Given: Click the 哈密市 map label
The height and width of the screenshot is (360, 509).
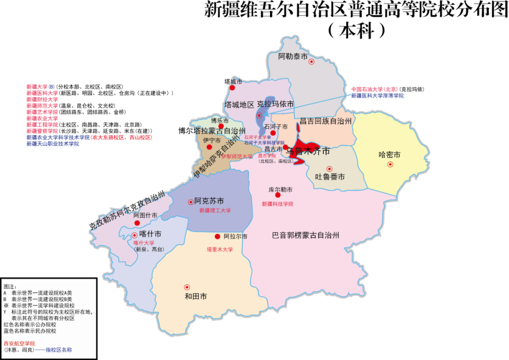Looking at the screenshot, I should (x=390, y=155).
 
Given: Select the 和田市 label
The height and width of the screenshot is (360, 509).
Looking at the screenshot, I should (x=196, y=296).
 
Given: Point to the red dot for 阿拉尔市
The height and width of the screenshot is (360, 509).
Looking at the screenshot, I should (x=218, y=237).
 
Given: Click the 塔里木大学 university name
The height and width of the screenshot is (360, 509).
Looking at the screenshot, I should (x=220, y=249).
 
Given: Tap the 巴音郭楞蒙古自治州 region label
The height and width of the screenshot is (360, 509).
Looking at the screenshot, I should (x=306, y=235).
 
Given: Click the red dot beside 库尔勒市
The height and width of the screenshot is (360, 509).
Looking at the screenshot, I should (x=278, y=195).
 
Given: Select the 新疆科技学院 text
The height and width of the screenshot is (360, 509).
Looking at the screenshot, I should (x=278, y=204).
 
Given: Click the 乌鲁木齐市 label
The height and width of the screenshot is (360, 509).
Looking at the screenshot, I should (x=308, y=152).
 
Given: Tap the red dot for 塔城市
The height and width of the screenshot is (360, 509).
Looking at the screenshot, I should (x=232, y=88).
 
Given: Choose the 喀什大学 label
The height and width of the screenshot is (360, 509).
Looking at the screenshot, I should (x=144, y=243).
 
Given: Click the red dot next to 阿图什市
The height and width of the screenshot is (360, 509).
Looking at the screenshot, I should (x=137, y=223).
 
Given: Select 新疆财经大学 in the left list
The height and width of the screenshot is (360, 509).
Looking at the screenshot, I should (x=42, y=99).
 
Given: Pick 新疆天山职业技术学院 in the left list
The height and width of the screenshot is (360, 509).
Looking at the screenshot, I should (x=53, y=144).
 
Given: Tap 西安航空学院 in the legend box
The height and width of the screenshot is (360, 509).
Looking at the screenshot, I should (x=19, y=344).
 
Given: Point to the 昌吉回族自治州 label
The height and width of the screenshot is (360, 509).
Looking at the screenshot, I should (x=326, y=121).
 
